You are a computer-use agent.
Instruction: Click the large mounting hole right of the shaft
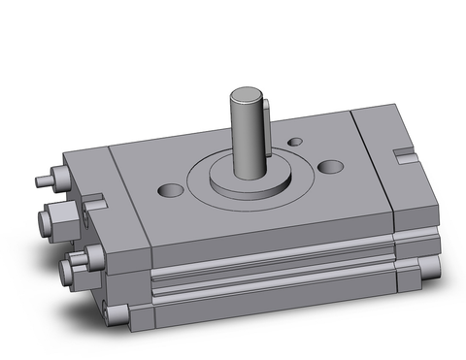tap(333, 167)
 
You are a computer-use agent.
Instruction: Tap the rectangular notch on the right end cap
tap(403, 152)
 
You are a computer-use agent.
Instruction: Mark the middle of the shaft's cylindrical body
tap(248, 136)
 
